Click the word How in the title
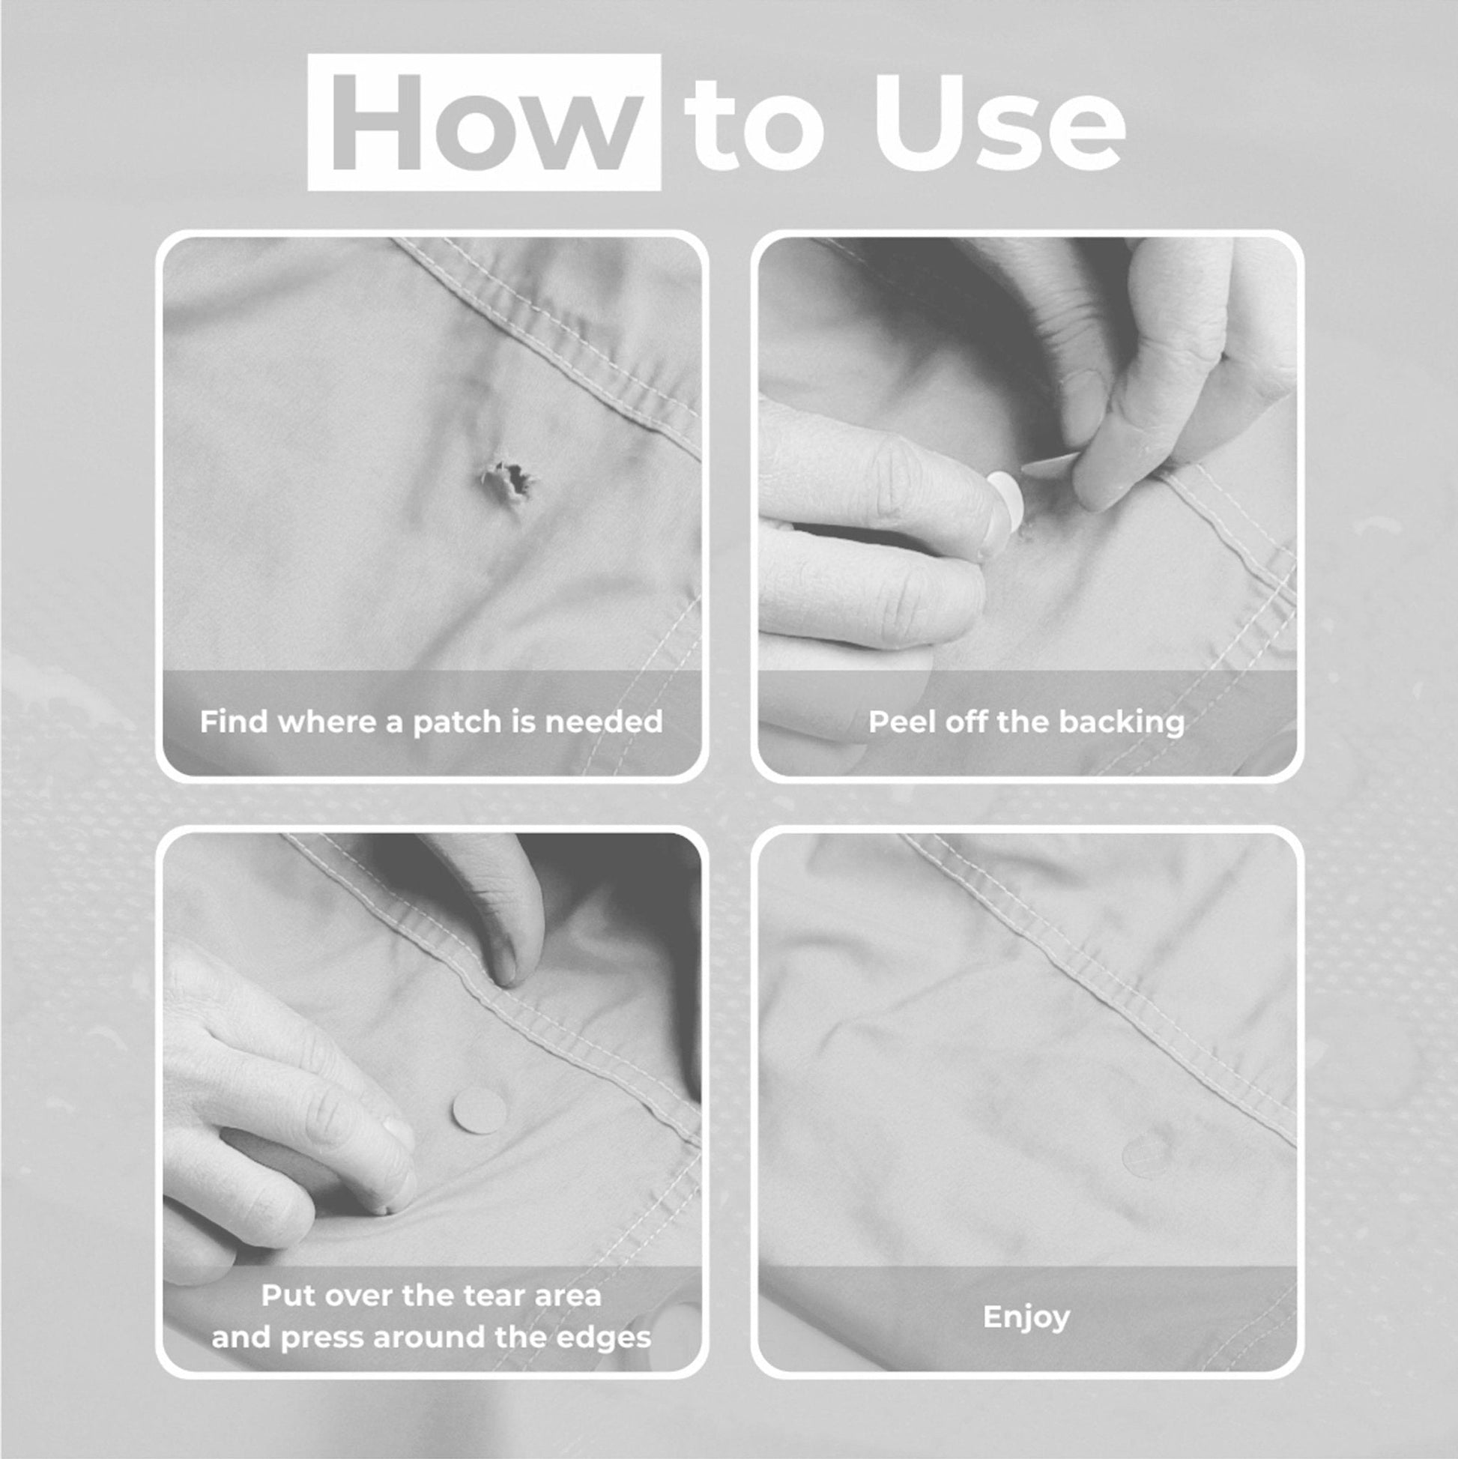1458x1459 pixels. point(484,122)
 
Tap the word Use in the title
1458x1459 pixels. point(997,122)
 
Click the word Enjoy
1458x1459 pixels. point(1026,1317)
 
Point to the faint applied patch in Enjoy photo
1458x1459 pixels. point(1149,1156)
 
